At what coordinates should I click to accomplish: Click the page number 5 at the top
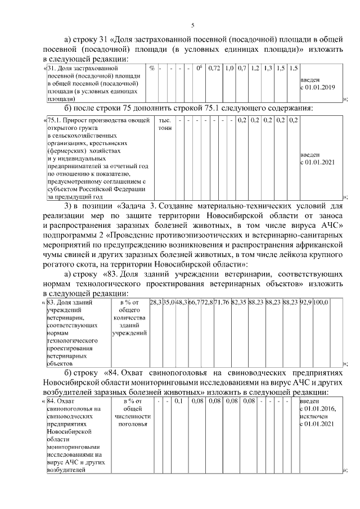coord(192,25)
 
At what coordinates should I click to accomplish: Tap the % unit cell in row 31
coord(152,69)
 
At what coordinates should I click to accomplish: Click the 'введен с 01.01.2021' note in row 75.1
coord(317,159)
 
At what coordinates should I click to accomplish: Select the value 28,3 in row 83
coord(155,303)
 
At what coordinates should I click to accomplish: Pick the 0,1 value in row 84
coord(178,402)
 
